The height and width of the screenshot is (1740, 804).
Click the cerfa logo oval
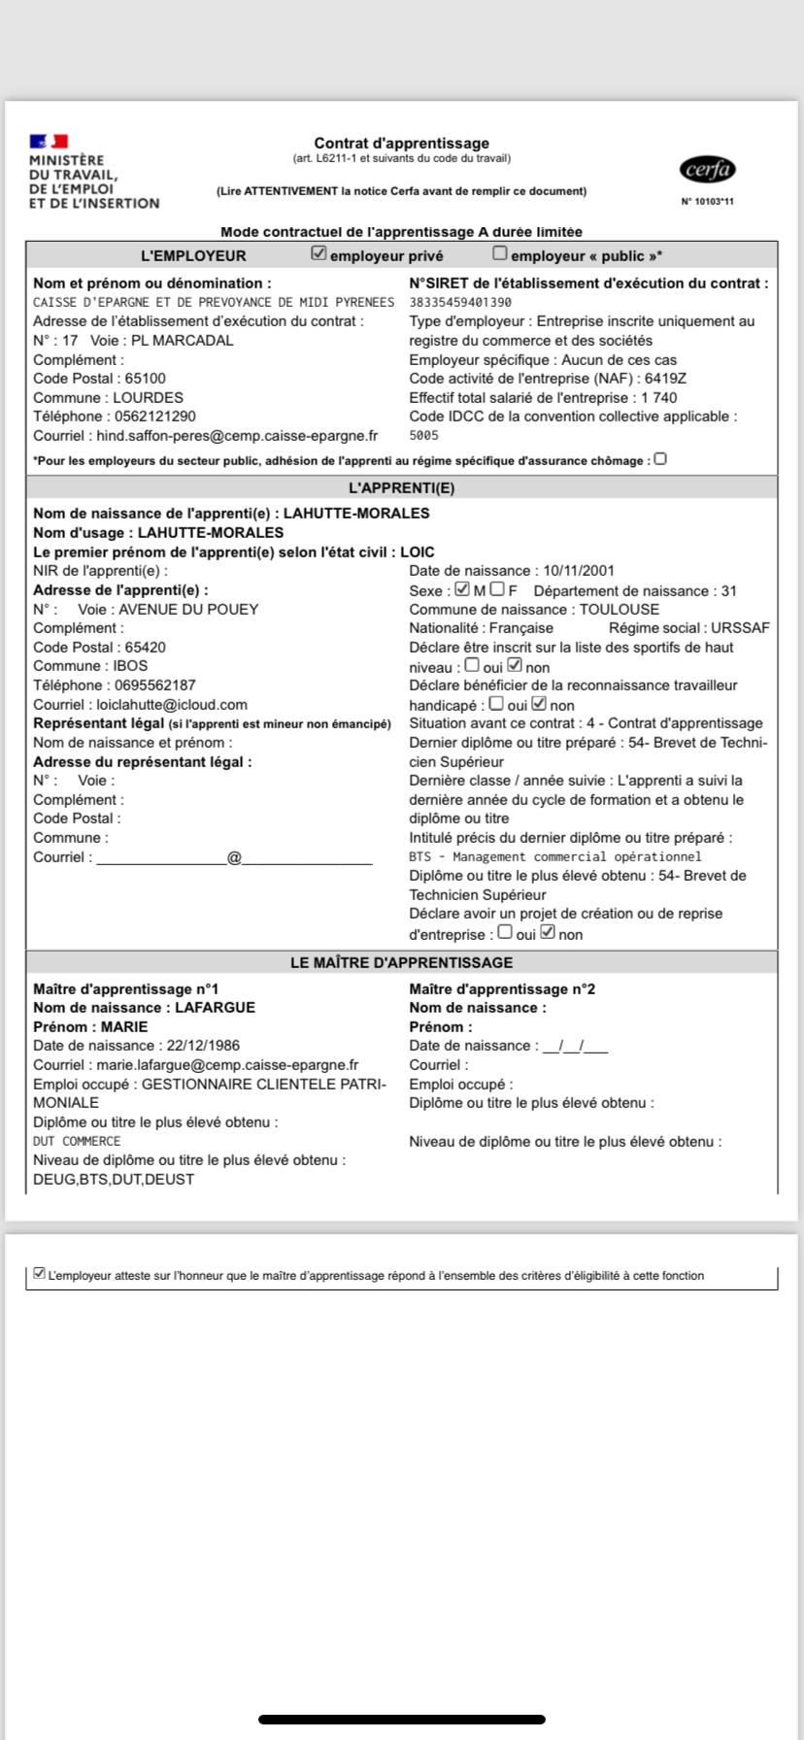(x=708, y=170)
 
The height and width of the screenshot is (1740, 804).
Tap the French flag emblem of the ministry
(x=49, y=142)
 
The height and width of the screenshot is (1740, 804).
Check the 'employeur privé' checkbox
(x=318, y=253)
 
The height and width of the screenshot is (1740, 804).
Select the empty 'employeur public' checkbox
(x=500, y=253)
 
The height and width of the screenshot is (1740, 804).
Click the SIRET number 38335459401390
(x=460, y=302)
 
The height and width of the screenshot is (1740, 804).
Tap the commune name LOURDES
(x=148, y=398)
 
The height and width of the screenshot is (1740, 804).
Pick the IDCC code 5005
(x=424, y=436)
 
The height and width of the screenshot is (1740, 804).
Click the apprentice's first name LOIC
(x=418, y=552)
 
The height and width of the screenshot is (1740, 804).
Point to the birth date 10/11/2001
(x=579, y=571)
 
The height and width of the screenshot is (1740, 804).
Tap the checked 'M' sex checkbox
(x=462, y=589)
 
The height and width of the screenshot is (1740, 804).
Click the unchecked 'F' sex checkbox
(x=497, y=589)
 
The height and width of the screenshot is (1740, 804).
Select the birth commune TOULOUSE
(x=620, y=610)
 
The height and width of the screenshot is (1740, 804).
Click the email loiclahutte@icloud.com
(x=172, y=705)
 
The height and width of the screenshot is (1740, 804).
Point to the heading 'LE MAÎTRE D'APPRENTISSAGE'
(x=402, y=962)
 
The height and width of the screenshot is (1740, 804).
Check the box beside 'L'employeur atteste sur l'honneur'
(x=40, y=1273)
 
